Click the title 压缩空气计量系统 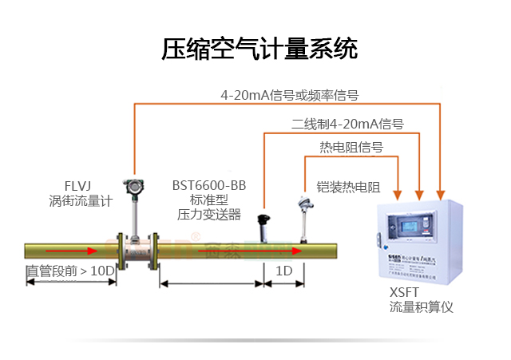260,50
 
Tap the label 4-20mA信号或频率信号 290,95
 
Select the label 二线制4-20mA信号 347,124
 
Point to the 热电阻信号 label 351,147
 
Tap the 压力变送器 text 208,214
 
